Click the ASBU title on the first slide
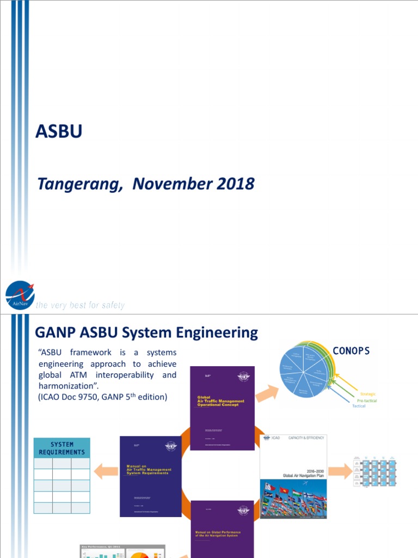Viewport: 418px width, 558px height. [x=58, y=131]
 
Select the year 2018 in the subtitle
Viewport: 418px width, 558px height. [x=235, y=184]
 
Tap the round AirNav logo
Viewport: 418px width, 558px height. [x=20, y=295]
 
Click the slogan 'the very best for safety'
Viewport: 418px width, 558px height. [x=80, y=305]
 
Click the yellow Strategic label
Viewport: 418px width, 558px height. [x=368, y=393]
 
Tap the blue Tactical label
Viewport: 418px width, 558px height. [x=359, y=407]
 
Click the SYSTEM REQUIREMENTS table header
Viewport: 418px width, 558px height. [x=62, y=448]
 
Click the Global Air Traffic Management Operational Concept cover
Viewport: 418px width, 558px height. [x=222, y=408]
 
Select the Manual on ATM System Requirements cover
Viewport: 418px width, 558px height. [x=150, y=476]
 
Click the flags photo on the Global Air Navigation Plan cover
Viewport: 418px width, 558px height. [x=293, y=499]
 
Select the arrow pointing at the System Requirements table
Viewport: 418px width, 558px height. [x=106, y=470]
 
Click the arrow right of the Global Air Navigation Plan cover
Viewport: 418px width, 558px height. [x=340, y=470]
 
